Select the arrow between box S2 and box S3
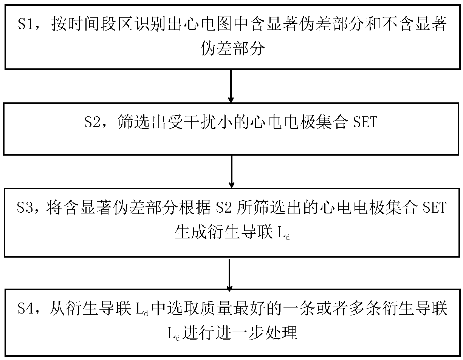tap(231, 172)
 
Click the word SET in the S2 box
tap(365, 123)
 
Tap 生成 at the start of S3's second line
tap(187, 233)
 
